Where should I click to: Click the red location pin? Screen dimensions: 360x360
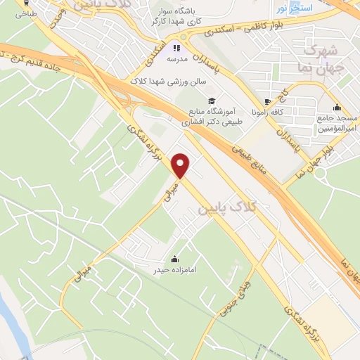coord(181,165)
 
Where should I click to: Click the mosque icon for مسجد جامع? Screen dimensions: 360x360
coord(337,108)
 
